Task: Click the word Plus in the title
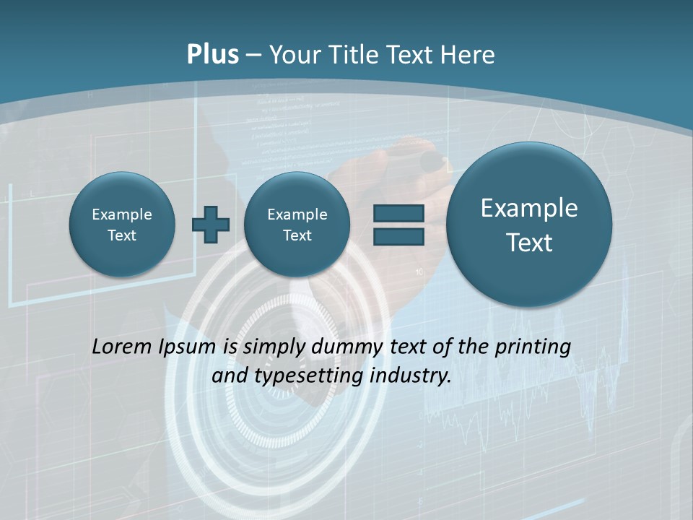(212, 55)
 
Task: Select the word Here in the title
(468, 55)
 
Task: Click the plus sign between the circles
(210, 224)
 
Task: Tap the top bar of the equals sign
(398, 213)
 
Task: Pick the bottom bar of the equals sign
(398, 235)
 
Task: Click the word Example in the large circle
(529, 208)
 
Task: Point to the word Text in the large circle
(529, 243)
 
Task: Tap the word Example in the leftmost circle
(122, 214)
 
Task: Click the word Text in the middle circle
(297, 235)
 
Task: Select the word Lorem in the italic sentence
(122, 347)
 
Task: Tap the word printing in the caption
(534, 347)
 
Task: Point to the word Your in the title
(293, 55)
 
